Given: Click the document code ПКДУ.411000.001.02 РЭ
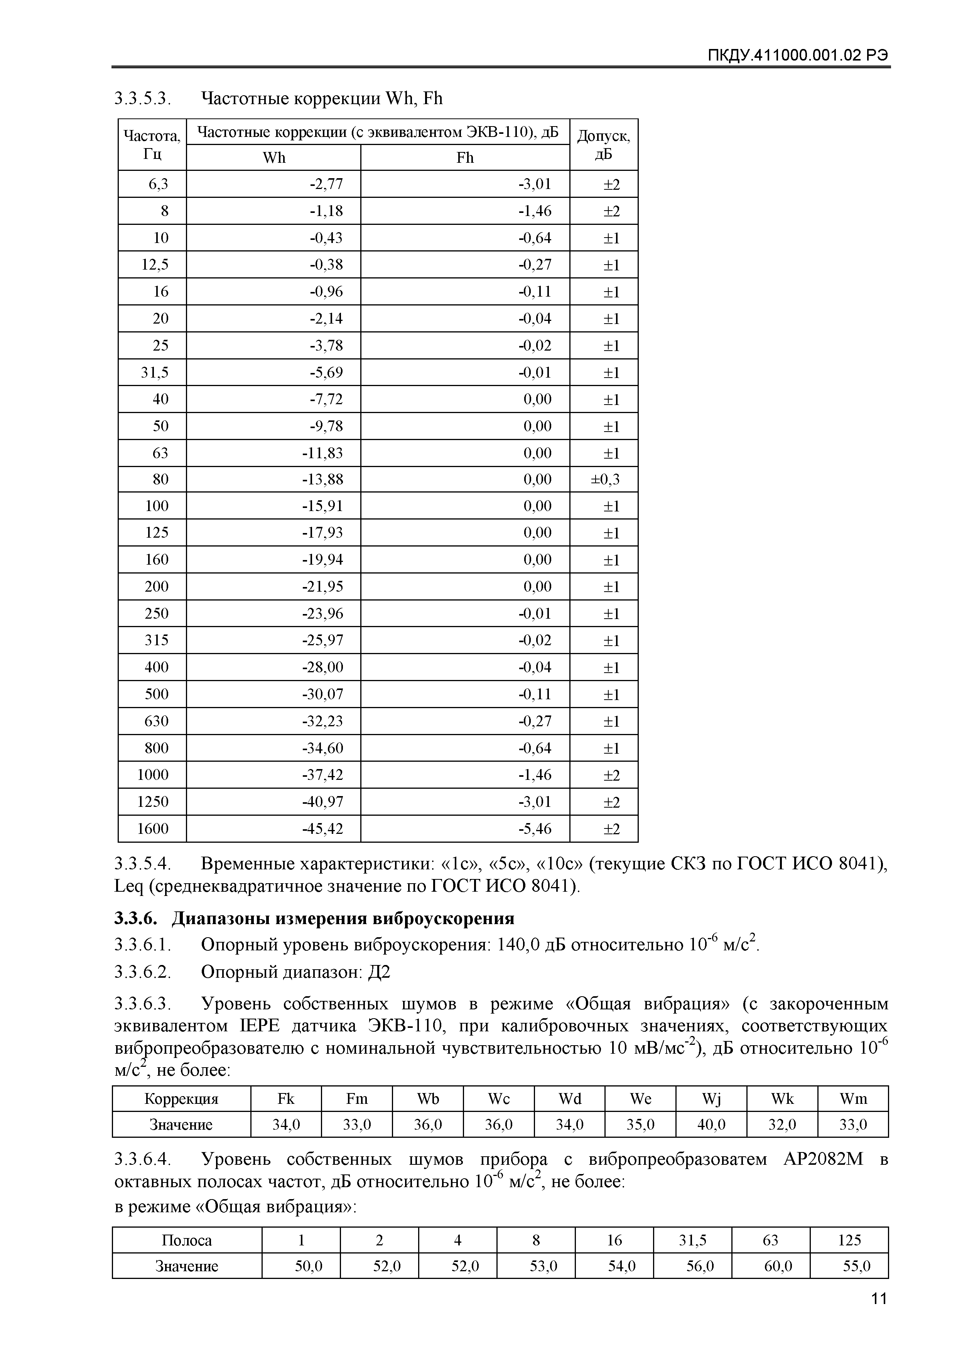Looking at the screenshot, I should click(798, 56).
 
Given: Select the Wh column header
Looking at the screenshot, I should click(274, 158).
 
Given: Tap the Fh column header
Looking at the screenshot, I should click(465, 158).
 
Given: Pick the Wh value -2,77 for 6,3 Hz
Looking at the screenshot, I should click(326, 184).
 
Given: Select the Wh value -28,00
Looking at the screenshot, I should click(322, 667).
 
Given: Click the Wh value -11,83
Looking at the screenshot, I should click(322, 453).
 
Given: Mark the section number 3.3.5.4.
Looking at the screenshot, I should click(143, 864).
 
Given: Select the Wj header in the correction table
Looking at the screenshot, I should click(711, 1099).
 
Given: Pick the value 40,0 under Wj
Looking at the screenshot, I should click(711, 1125).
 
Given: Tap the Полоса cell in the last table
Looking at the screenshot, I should click(186, 1240).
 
